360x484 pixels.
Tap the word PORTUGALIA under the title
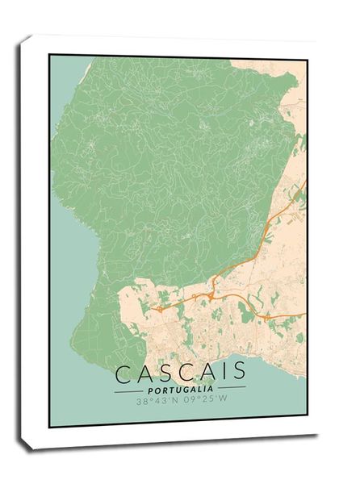point(181,388)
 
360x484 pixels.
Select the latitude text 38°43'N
point(155,399)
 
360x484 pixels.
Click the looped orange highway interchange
point(212,296)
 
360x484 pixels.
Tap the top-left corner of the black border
point(49,55)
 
